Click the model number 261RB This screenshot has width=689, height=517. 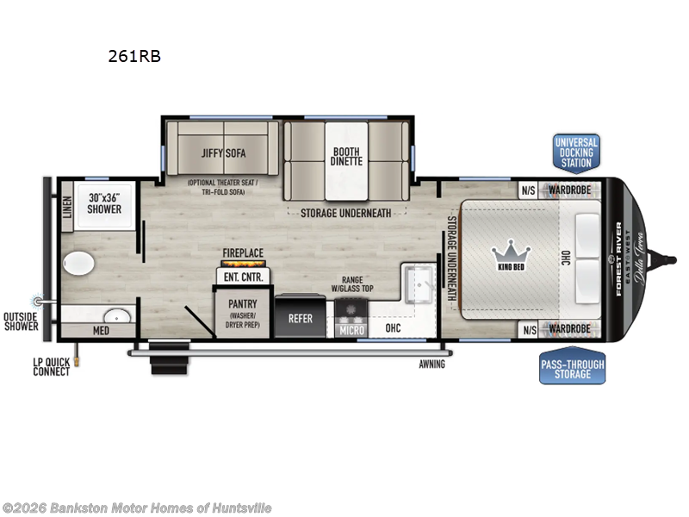[133, 57]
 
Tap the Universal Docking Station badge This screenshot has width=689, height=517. [576, 153]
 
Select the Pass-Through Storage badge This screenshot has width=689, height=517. [572, 369]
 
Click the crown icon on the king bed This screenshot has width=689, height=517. [509, 252]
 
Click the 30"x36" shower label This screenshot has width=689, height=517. [103, 203]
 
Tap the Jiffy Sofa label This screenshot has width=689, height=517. [224, 153]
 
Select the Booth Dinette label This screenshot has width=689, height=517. [347, 156]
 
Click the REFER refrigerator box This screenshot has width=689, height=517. [301, 318]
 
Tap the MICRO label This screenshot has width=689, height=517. [351, 328]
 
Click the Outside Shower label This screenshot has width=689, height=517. [22, 320]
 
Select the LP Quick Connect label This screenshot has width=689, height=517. [52, 367]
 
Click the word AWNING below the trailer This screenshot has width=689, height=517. [432, 364]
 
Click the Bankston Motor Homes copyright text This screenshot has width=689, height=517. [137, 508]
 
